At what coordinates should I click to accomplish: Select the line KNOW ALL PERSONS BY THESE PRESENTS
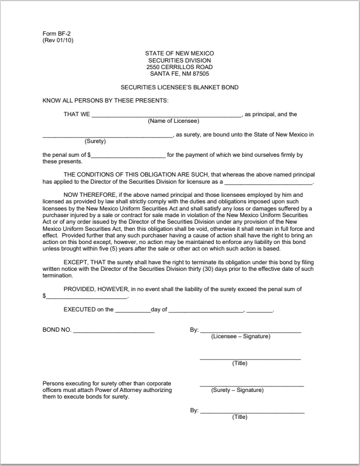(106, 100)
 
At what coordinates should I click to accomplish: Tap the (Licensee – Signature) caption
(240, 336)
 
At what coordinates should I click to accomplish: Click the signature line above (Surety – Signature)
(251, 386)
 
